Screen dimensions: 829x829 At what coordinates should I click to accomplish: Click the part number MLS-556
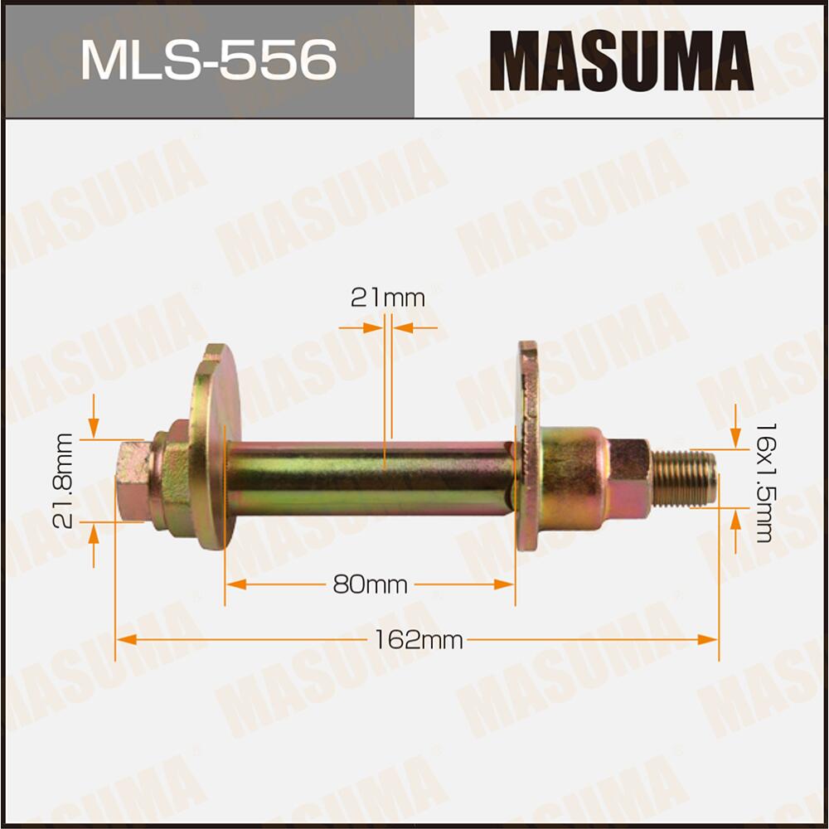[208, 60]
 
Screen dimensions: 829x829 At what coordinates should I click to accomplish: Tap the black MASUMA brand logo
[621, 60]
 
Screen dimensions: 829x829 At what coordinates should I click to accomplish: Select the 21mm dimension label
[387, 298]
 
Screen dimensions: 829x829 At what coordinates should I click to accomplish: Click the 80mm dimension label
[370, 585]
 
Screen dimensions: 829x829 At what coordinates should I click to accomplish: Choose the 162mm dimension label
[417, 640]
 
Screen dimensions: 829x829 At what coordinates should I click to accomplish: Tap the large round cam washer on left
[212, 448]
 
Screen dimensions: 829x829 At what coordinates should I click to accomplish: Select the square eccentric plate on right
[528, 448]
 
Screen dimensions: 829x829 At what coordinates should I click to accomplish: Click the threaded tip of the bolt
[683, 479]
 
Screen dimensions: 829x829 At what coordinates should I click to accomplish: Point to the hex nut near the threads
[629, 479]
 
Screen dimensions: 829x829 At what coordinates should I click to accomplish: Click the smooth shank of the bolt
[369, 479]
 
